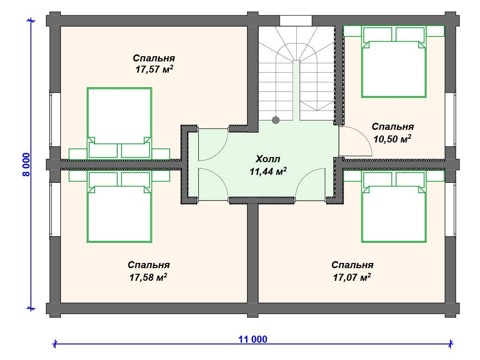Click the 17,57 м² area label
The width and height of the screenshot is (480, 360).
(154, 69)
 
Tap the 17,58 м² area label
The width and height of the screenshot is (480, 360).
(148, 277)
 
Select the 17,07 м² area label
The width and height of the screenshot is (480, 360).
(352, 277)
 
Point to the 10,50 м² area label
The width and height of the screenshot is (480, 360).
(392, 139)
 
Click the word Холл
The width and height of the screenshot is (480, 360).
(268, 159)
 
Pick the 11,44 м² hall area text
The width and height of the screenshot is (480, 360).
(268, 172)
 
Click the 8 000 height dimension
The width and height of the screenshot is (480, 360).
(27, 165)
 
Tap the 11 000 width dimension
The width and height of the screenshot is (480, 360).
(253, 339)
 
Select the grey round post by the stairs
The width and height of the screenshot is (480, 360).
(276, 120)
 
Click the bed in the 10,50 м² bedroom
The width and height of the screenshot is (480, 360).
(394, 62)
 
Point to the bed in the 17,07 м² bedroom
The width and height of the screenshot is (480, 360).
(394, 206)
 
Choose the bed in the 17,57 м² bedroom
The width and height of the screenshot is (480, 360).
(120, 124)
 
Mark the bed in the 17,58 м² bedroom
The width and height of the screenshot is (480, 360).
(120, 206)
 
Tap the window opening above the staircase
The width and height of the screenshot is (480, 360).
(296, 21)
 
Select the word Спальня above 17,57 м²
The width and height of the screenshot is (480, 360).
(154, 58)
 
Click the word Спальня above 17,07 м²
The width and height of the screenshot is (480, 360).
(352, 265)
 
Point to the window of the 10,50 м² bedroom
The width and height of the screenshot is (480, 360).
(450, 120)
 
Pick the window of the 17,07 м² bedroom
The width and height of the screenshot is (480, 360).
(450, 210)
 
